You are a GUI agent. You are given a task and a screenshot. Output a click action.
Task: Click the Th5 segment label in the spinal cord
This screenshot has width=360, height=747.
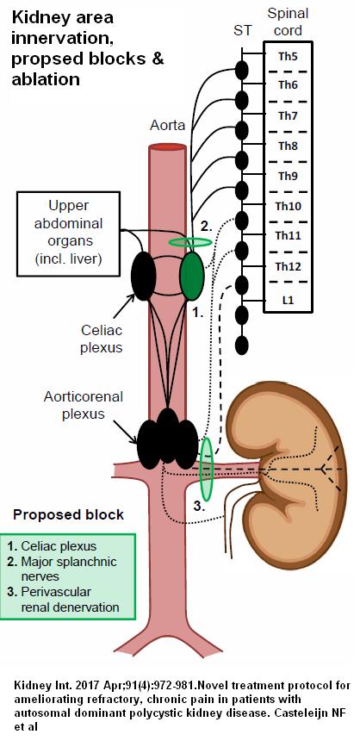coord(288,56)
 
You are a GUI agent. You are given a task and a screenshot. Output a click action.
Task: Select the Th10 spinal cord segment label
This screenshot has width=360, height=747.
coord(288,206)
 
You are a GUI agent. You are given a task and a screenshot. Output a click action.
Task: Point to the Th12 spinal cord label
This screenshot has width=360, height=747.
coord(288,267)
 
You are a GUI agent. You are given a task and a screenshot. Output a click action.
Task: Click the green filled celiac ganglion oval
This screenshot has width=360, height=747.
coord(192,276)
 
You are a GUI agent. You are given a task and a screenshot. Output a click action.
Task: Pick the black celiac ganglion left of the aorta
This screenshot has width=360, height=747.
coord(143,276)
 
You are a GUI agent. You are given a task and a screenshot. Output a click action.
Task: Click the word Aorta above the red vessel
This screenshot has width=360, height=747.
coord(167,126)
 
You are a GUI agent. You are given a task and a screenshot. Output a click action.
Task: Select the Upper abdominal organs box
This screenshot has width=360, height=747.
coord(68,233)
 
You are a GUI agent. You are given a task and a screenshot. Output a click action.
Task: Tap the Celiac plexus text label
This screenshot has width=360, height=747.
coord(102,339)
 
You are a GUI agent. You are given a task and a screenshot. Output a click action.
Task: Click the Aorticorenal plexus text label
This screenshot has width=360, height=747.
coord(83,405)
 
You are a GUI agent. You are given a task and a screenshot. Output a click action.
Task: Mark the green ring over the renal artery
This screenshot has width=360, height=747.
coord(206,469)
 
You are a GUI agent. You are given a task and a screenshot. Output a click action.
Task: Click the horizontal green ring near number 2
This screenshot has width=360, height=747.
coord(190,242)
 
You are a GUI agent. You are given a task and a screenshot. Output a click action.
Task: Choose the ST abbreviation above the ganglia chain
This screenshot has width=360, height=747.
coord(242,30)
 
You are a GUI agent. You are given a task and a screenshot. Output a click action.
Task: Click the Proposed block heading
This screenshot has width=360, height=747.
coord(68,515)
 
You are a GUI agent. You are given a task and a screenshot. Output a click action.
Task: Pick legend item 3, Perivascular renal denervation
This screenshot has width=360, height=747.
coord(64,600)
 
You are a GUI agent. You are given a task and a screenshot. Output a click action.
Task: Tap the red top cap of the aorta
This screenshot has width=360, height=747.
coord(167,147)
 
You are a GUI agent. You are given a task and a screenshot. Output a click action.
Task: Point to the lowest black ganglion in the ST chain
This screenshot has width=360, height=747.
coord(242,345)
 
